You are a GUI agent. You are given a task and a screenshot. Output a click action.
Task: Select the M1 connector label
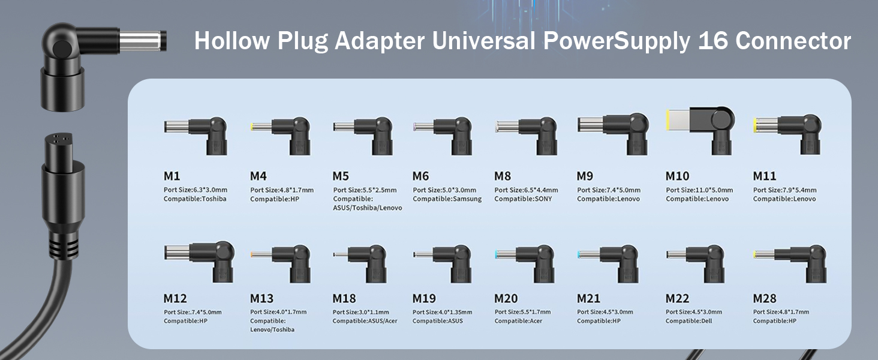172,176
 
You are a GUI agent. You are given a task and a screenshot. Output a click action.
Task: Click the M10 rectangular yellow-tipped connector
699,128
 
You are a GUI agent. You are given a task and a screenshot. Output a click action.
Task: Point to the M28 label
765,298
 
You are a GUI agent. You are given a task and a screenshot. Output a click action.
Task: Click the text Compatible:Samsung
447,199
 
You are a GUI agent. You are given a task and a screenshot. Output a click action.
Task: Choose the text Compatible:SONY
523,199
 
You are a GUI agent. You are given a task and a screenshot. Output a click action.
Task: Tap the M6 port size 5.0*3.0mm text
444,190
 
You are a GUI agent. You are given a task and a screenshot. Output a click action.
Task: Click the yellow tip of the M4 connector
252,127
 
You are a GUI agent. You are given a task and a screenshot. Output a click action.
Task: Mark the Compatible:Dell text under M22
690,321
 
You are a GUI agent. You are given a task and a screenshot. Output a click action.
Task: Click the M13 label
262,298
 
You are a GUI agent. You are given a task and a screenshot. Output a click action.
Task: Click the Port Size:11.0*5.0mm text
697,190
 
